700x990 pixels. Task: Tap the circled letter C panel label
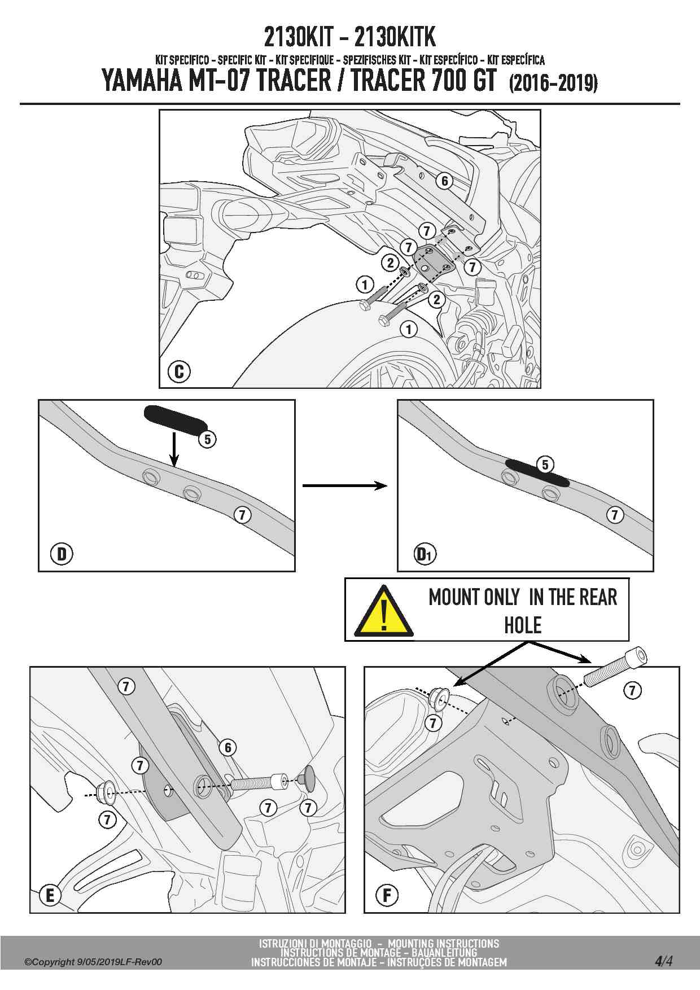click(179, 371)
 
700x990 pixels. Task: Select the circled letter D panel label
click(62, 554)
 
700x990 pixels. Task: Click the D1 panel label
click(424, 554)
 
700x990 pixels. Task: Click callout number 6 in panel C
click(445, 181)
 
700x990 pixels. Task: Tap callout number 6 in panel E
click(228, 747)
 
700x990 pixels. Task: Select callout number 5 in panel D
click(208, 439)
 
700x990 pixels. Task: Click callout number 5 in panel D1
click(545, 465)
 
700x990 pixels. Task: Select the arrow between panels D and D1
click(345, 485)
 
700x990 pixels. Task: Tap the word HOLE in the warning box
click(523, 625)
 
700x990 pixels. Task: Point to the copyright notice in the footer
click(93, 962)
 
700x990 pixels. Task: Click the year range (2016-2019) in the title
click(553, 84)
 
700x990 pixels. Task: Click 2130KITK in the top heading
click(395, 37)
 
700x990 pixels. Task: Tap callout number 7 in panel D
click(242, 515)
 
